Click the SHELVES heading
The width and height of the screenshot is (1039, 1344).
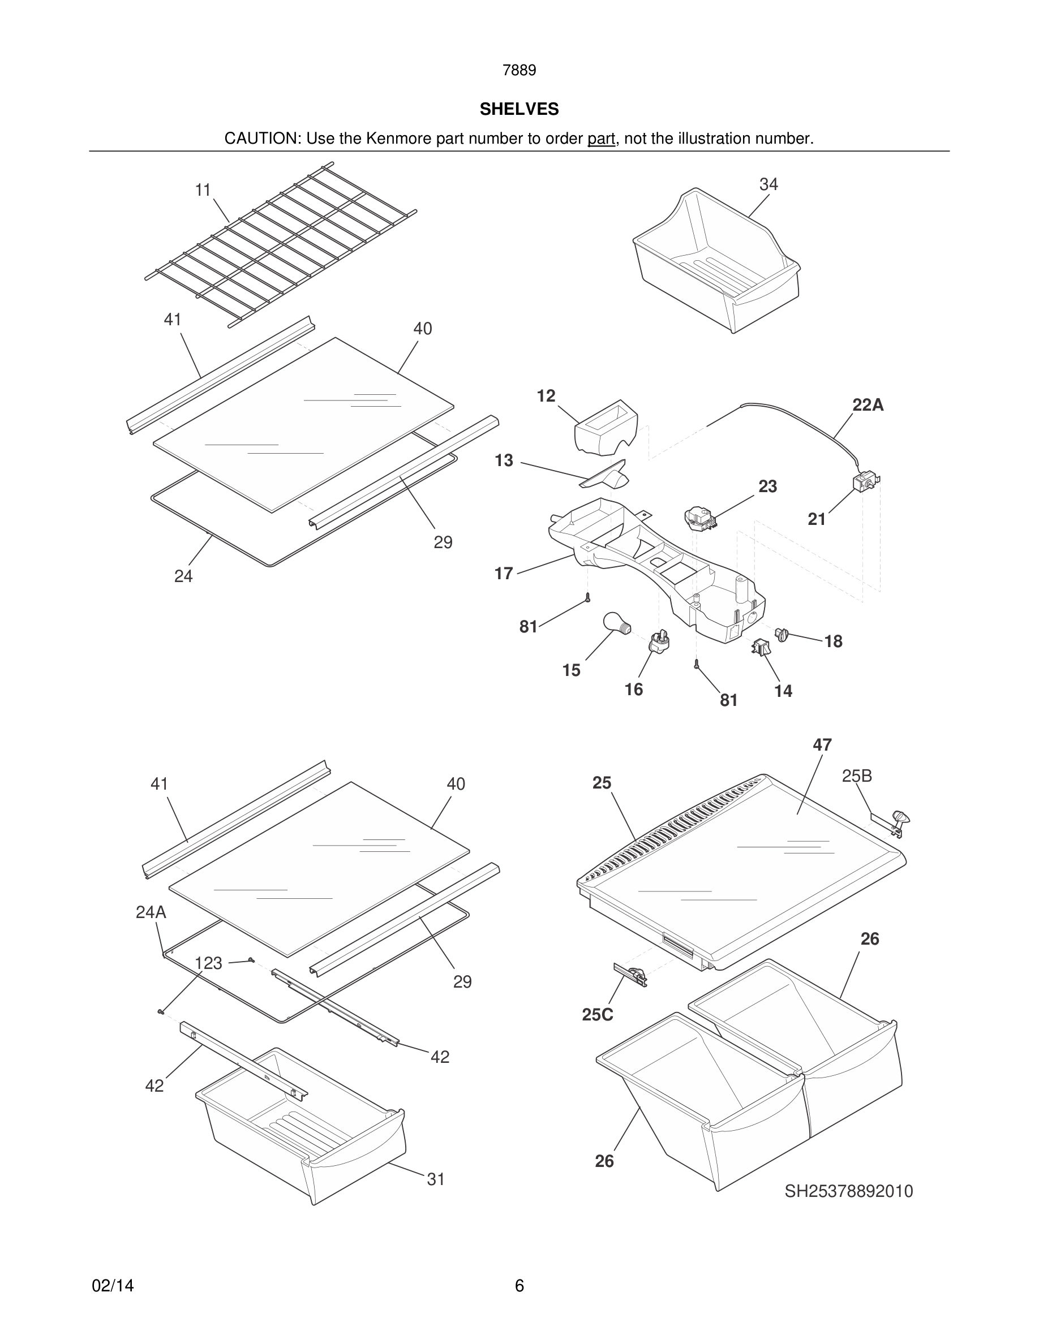point(519,109)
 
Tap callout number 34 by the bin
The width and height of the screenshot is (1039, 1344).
point(768,184)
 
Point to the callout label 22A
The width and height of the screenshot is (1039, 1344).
point(868,405)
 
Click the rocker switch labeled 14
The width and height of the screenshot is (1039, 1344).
point(760,647)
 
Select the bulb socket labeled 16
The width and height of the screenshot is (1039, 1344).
point(659,643)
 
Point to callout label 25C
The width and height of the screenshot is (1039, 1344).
point(597,1015)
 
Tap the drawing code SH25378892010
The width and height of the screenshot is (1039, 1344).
point(848,1191)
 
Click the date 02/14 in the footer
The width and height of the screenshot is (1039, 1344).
point(113,1286)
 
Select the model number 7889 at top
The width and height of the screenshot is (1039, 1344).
point(519,70)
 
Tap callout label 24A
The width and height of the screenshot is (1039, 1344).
point(151,912)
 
